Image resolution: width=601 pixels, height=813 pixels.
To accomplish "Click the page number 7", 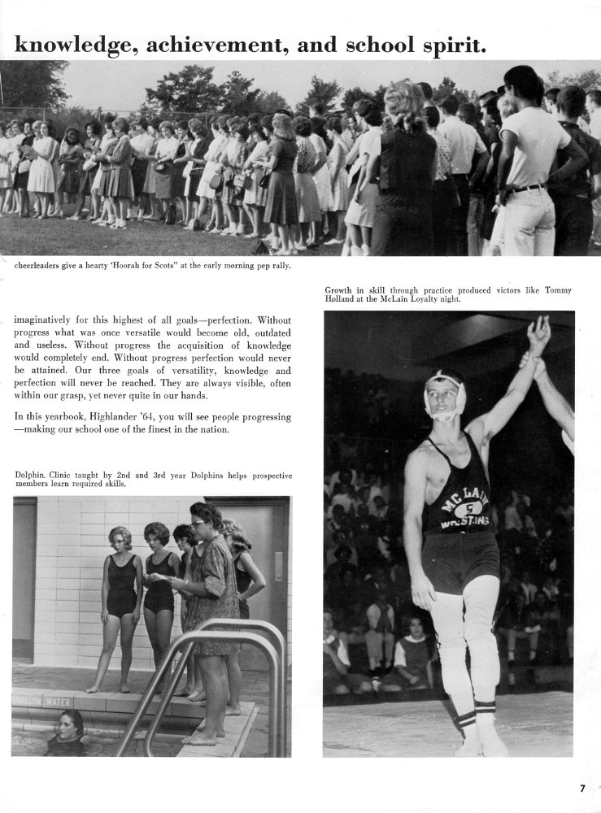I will point(582,787).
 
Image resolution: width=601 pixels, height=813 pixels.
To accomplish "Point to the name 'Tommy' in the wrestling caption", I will point(557,290).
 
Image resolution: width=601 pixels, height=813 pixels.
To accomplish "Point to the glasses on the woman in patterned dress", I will point(198,524).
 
